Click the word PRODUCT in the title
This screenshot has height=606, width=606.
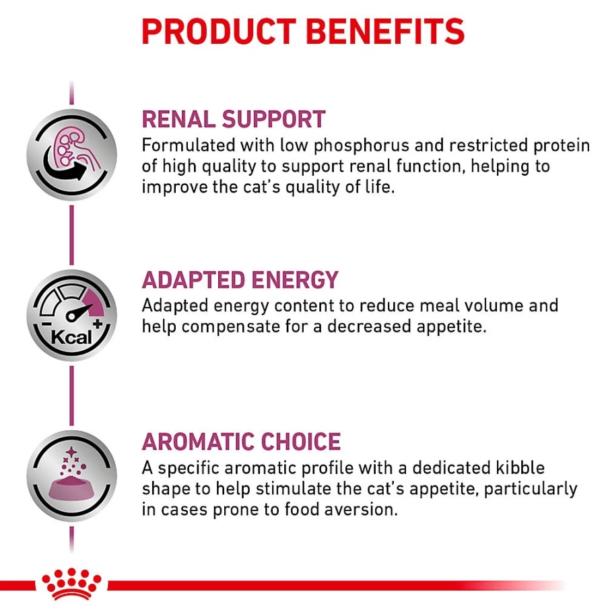coord(219,32)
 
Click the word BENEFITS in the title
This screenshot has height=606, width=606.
coord(385,32)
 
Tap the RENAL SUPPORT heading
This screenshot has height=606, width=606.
coord(234,119)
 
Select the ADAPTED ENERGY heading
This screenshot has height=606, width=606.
coord(240,280)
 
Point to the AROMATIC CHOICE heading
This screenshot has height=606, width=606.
coord(242,441)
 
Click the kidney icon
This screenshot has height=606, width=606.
coord(71,155)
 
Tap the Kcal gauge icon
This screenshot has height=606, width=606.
coord(71,315)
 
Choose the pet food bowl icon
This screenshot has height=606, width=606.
coord(71,476)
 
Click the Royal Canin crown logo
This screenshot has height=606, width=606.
coord(71,584)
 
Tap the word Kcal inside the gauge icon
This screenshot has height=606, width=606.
coord(71,337)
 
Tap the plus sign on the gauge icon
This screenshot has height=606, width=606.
coord(98,323)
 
